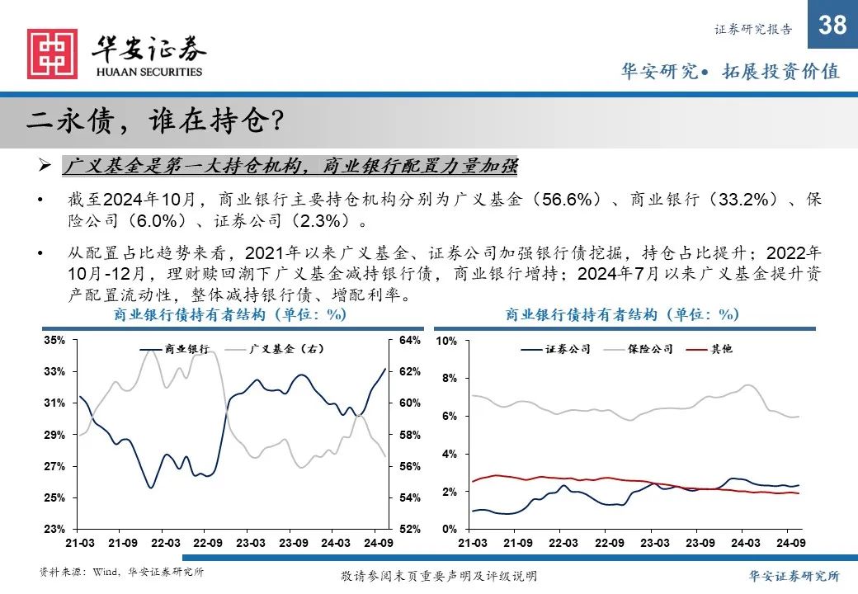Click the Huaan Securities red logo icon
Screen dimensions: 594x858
53,54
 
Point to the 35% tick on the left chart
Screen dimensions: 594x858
54,340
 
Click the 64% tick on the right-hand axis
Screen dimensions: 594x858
411,340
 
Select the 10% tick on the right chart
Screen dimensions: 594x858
446,341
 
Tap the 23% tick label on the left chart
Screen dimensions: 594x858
54,529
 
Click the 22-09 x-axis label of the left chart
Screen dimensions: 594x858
208,544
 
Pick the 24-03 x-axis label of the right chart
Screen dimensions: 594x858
745,544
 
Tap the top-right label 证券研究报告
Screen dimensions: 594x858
752,30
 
